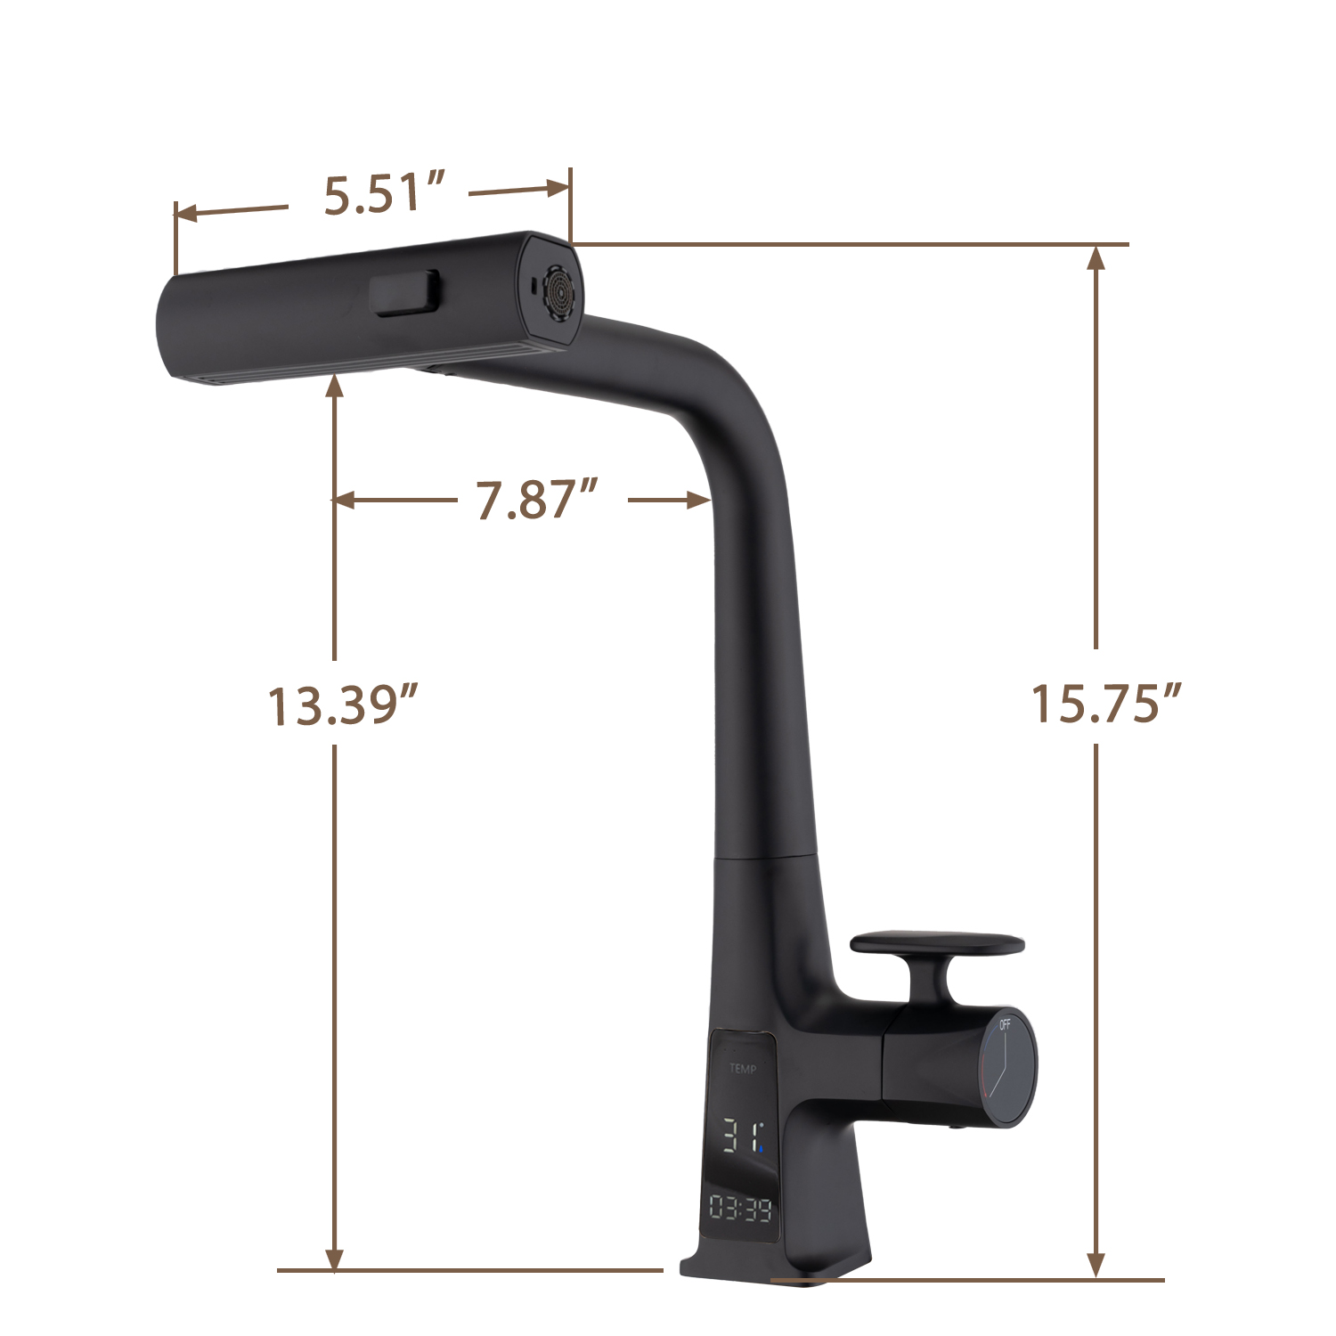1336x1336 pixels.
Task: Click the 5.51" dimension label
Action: tap(384, 195)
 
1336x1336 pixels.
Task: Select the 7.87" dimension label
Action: tap(537, 500)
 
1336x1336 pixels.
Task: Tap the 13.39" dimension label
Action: tap(343, 705)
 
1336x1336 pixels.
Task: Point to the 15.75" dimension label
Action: tap(1106, 704)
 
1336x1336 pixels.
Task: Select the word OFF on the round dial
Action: tap(1005, 1024)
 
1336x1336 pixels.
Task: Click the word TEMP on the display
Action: tap(743, 1069)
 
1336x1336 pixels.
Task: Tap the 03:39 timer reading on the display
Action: tap(740, 1209)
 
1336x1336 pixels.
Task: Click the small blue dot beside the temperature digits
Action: tap(762, 1149)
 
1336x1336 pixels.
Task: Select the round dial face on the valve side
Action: tap(1007, 1069)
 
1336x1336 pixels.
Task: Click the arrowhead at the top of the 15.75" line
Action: tap(1096, 257)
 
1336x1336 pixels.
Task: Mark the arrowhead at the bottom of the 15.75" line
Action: tap(1096, 1266)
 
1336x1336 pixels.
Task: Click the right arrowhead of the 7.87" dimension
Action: tap(699, 501)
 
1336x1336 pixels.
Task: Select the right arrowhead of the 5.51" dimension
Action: tap(558, 188)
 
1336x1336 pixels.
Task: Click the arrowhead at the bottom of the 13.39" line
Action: tap(334, 1259)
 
